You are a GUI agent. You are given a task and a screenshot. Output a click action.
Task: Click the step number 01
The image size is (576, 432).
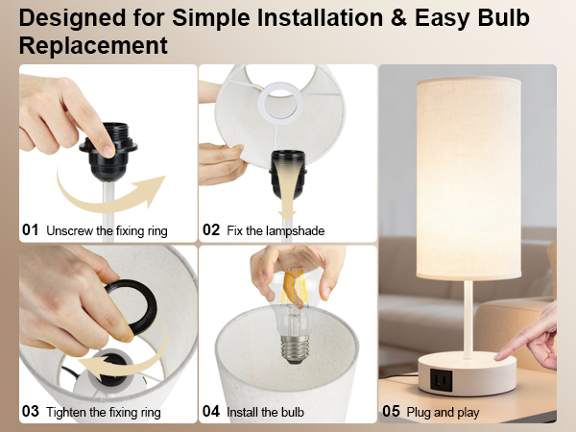(x=31, y=230)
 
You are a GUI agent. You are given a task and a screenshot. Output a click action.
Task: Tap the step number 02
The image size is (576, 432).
(x=212, y=230)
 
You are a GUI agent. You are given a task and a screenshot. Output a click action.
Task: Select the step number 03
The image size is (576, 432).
(x=31, y=412)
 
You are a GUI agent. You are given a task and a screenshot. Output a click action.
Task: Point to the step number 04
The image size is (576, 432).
(x=212, y=412)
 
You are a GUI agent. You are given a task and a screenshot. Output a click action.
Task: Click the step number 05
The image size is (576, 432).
(x=391, y=412)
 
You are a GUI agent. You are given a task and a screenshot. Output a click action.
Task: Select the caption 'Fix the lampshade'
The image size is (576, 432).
(x=276, y=230)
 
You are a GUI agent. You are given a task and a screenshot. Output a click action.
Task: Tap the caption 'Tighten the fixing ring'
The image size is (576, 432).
(x=103, y=412)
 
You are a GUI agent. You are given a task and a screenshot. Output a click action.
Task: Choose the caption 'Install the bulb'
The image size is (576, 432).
(x=265, y=412)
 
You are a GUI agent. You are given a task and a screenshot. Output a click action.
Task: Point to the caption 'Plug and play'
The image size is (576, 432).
(x=443, y=412)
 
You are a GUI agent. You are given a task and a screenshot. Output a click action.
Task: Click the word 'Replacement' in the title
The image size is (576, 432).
(x=94, y=45)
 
